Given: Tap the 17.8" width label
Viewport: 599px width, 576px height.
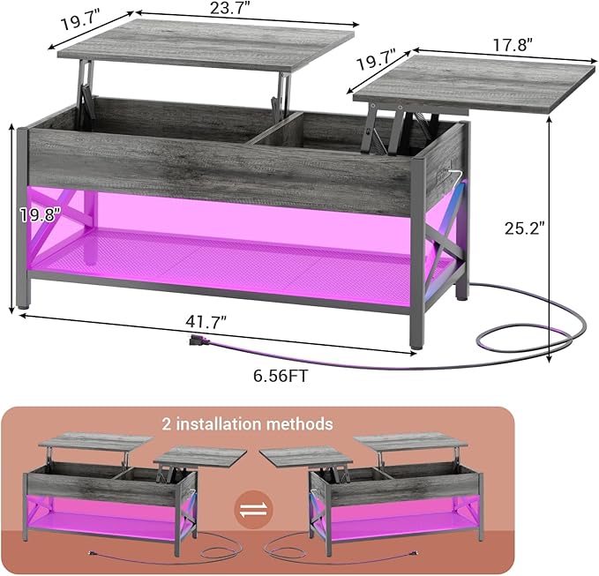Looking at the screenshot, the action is coord(513,46).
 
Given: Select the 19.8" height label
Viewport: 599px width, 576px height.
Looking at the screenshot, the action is coord(40,215).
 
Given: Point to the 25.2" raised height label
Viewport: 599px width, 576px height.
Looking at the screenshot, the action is coord(524,228).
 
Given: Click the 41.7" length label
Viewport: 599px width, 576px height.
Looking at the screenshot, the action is coord(206,322).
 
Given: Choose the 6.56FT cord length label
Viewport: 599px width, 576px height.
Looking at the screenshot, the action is coord(281,377).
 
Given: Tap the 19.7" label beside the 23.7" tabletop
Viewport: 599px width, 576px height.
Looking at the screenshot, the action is coord(81,22).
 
